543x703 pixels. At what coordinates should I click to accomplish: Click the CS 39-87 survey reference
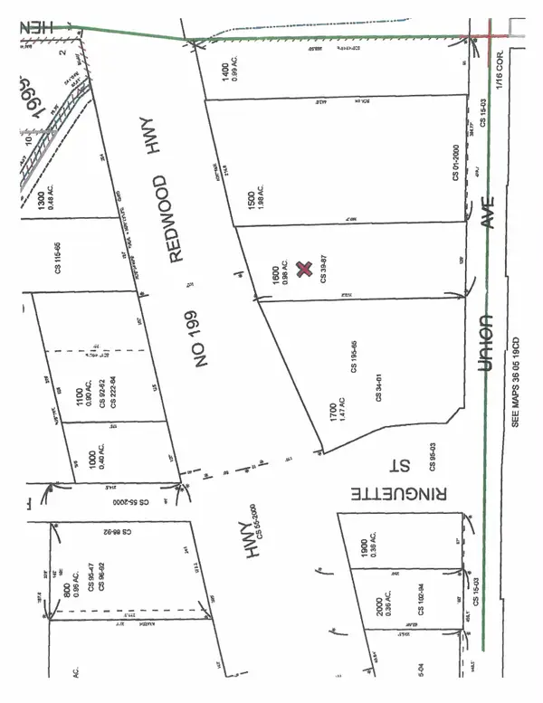pos(323,268)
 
